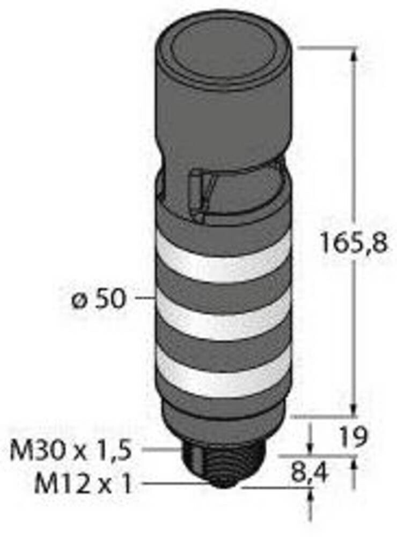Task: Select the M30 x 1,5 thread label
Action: [71, 451]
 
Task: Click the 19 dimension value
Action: [354, 437]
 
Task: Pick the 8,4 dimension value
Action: [310, 473]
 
